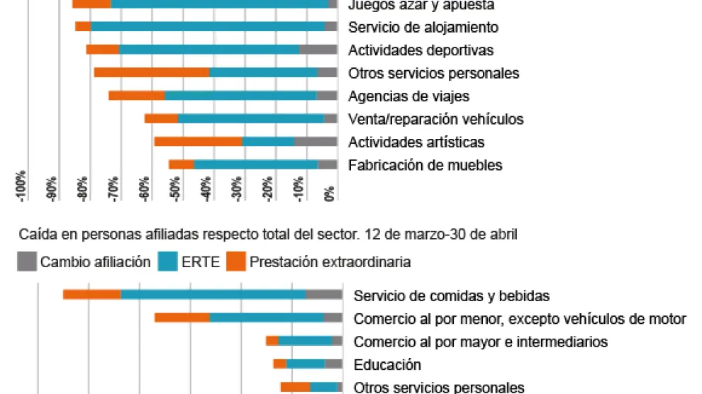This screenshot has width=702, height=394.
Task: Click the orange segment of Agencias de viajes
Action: point(137,96)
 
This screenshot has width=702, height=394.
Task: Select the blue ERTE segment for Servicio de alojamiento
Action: point(208,27)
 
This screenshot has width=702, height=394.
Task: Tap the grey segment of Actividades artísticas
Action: point(316,142)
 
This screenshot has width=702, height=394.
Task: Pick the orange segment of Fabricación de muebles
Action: point(182,164)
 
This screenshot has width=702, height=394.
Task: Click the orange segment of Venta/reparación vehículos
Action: point(161,118)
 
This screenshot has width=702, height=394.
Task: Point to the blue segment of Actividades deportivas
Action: point(209,50)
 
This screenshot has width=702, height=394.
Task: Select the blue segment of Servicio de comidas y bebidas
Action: point(213,295)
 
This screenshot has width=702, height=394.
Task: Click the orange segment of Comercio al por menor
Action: point(182,317)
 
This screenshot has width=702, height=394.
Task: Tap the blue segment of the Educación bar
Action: point(306,364)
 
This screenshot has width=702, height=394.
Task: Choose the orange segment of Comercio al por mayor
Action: point(272,341)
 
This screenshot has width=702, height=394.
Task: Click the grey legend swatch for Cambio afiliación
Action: point(27,262)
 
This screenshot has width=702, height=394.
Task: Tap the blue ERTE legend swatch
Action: point(167,262)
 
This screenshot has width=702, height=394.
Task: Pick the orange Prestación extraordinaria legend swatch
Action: point(236,262)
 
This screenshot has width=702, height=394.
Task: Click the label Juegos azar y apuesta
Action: point(420,5)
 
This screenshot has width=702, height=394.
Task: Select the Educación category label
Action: point(387,364)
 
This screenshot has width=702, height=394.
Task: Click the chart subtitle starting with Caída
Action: point(268,234)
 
